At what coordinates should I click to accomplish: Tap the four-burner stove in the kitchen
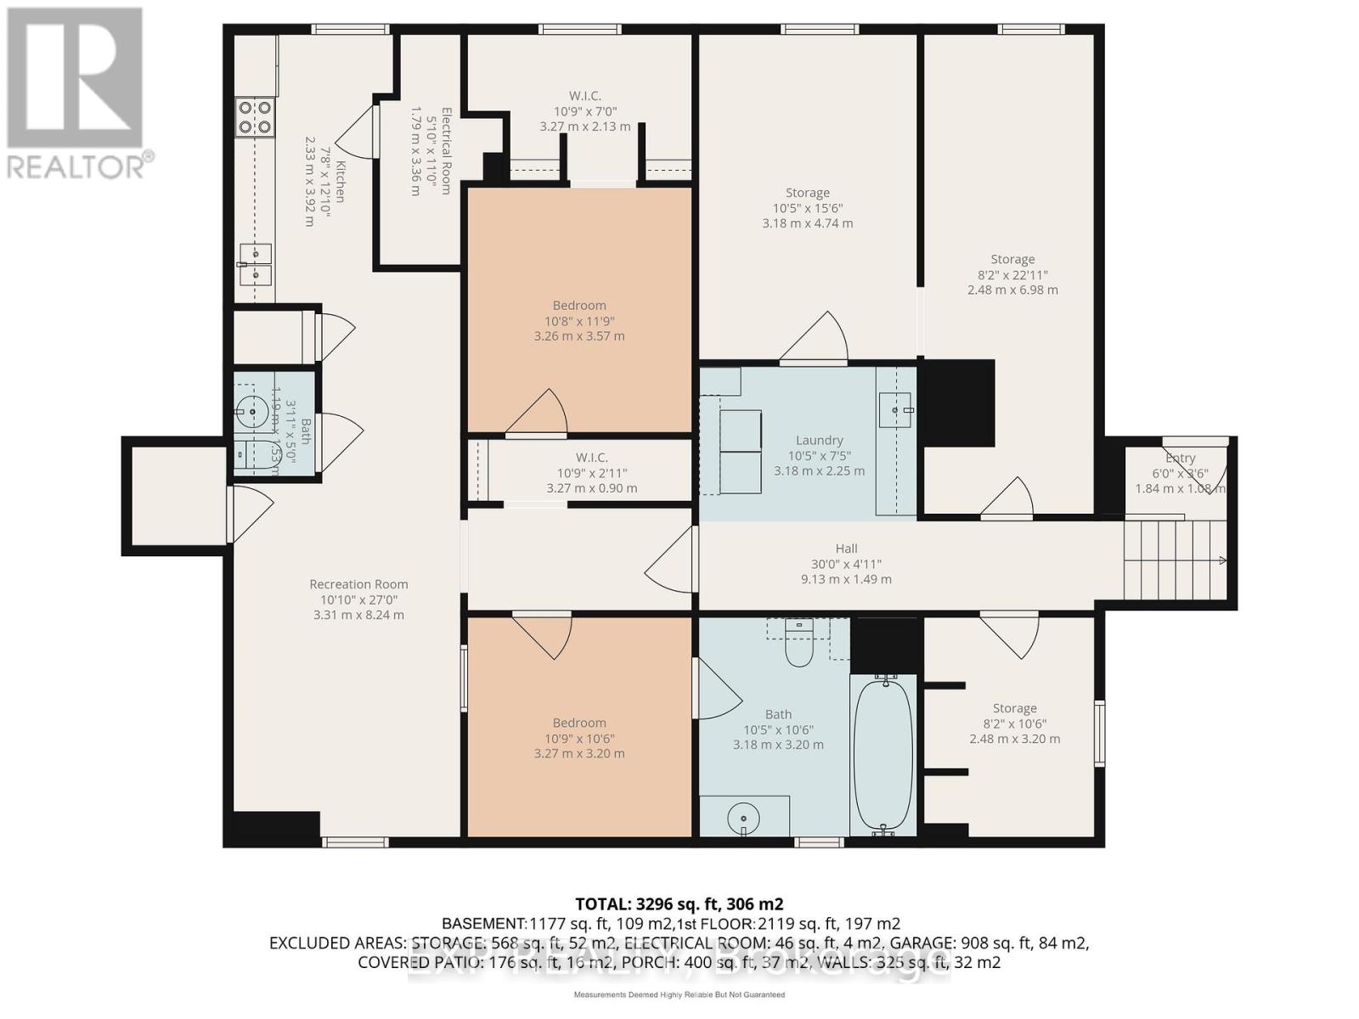tap(255, 117)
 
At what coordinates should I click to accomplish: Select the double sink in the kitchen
tap(255, 264)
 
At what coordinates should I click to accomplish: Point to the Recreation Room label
tap(358, 584)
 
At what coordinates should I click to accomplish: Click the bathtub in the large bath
tap(883, 756)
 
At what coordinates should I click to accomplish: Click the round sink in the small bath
tap(252, 411)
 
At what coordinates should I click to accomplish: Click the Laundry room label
tap(819, 440)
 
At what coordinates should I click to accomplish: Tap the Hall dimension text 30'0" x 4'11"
tap(846, 564)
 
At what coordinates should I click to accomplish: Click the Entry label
tap(1180, 458)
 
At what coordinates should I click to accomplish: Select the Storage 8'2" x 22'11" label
tap(1012, 260)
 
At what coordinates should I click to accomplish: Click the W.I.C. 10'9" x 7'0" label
tap(585, 96)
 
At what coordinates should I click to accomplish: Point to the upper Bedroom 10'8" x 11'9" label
tap(579, 306)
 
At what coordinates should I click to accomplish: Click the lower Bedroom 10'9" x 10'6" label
tap(579, 723)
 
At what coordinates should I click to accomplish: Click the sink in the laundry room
tap(895, 408)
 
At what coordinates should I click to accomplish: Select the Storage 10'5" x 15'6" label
tap(807, 193)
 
